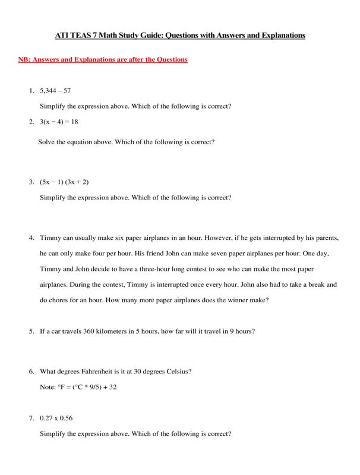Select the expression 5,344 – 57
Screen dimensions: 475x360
pyautogui.click(x=55, y=92)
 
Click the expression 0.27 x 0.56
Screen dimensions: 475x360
pyautogui.click(x=56, y=419)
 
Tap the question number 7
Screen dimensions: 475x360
pyautogui.click(x=31, y=419)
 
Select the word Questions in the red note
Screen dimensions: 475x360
pyautogui.click(x=167, y=61)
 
